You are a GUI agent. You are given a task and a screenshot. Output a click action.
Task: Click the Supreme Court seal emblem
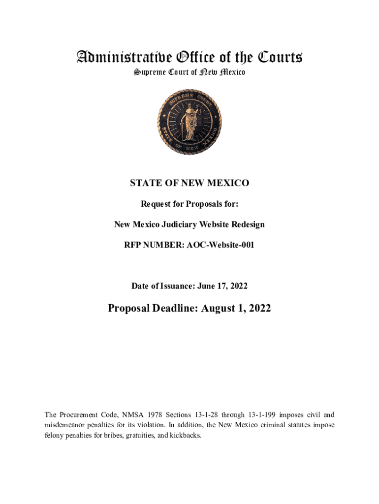pos(189,123)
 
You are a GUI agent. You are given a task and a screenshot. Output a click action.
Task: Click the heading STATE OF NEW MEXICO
pos(189,183)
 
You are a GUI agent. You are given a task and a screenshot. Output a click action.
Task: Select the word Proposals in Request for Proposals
pos(212,204)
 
